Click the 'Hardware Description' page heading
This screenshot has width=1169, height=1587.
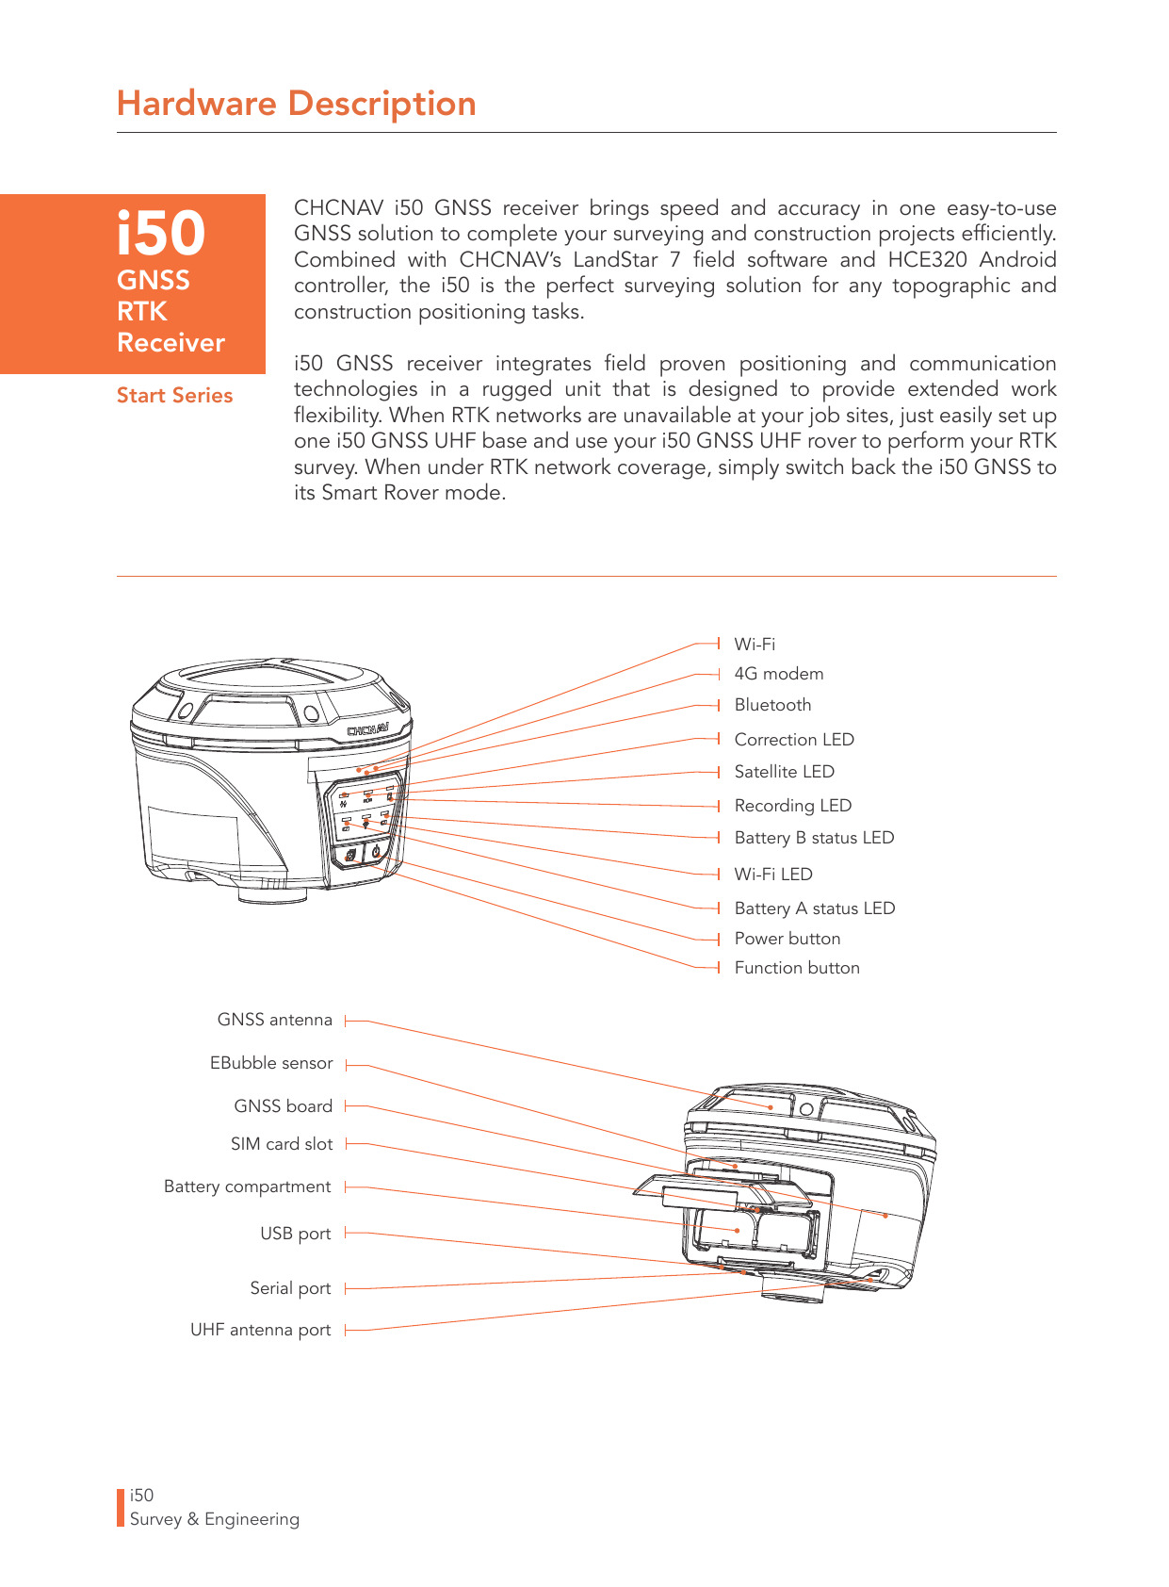coord(296,104)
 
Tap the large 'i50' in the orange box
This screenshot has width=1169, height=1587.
coord(161,233)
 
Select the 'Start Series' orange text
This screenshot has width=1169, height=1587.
coord(174,396)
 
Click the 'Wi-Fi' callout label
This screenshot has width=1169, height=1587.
coord(755,645)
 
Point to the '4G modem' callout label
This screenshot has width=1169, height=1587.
coord(778,674)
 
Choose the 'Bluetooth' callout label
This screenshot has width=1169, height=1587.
coord(772,705)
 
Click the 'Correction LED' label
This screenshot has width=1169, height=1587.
coord(794,740)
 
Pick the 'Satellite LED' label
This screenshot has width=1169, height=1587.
coord(784,772)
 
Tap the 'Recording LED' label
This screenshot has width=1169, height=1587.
coord(792,806)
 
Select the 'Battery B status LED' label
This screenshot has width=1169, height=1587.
coord(814,838)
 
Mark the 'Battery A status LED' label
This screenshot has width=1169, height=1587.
coord(814,908)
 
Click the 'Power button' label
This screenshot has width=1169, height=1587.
coord(787,939)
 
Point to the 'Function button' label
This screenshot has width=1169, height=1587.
coord(797,968)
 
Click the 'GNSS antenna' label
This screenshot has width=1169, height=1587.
coord(274,1020)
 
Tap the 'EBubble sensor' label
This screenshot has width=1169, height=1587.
coord(271,1063)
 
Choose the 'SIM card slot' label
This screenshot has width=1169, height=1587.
coord(282,1144)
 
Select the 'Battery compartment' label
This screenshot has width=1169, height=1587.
coord(247,1186)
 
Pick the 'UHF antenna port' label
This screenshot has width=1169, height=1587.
coord(260,1330)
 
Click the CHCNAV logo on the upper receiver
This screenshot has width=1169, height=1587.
coord(368,730)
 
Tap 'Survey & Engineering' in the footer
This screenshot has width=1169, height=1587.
coord(214,1519)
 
